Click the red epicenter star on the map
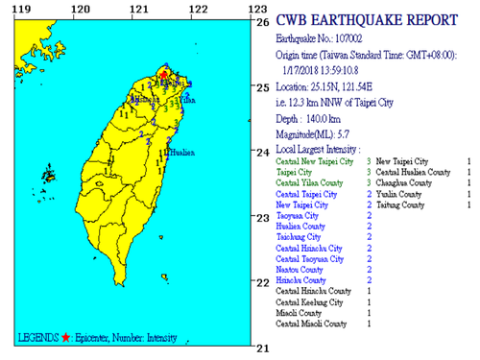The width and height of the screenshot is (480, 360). tap(164, 73)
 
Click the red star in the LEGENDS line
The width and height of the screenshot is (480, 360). tap(65, 338)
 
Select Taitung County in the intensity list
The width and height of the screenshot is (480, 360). tap(406, 205)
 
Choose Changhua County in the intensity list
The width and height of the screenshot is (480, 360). tap(408, 182)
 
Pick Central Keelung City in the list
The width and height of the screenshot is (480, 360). tap(310, 302)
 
